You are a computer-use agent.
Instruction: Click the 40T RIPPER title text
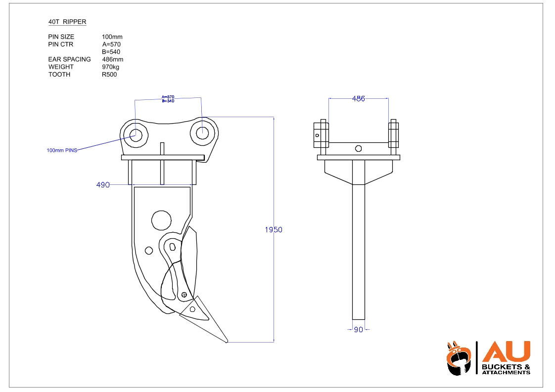[67, 22]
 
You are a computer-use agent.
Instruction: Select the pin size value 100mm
[112, 37]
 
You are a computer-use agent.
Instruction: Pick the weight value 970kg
[110, 67]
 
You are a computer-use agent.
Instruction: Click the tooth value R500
[109, 75]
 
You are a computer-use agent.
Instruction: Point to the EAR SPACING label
[69, 59]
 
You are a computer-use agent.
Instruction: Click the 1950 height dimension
[274, 230]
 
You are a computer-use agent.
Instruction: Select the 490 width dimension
[102, 185]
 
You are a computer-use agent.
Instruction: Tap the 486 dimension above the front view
[358, 99]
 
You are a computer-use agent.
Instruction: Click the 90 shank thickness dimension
[359, 330]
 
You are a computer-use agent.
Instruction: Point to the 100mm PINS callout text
[62, 150]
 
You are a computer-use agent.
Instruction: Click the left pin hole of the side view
[135, 133]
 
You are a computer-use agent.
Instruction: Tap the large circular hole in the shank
[161, 219]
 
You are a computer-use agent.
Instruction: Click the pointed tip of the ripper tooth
[227, 342]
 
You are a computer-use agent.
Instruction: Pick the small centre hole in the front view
[359, 148]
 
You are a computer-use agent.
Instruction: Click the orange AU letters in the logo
[506, 351]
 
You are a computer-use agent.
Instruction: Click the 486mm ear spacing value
[112, 59]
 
